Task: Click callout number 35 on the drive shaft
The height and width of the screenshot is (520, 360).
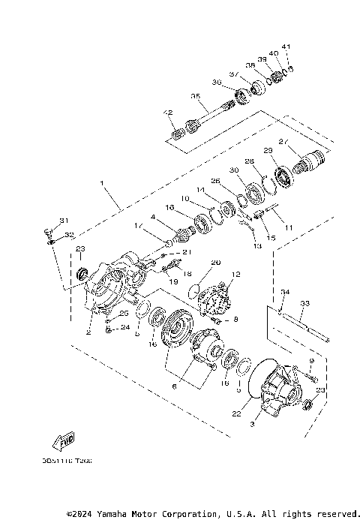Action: (x=194, y=96)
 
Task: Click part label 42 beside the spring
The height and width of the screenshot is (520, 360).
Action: (x=168, y=113)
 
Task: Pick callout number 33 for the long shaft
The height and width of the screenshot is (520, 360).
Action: (x=304, y=304)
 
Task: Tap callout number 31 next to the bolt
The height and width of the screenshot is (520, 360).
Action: (x=64, y=220)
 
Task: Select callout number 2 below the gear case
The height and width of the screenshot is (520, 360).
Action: (x=88, y=332)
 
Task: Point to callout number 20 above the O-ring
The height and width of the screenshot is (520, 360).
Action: (x=215, y=263)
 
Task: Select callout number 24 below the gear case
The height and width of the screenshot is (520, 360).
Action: (x=125, y=327)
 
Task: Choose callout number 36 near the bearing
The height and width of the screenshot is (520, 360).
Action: (x=217, y=82)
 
